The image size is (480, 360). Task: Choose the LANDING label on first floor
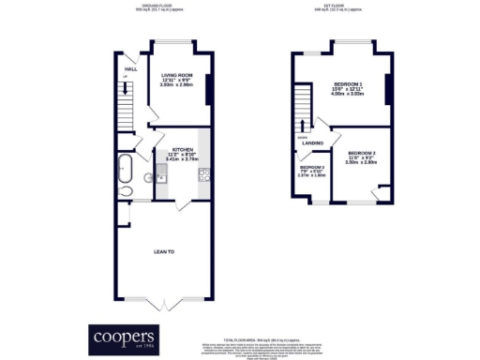312,142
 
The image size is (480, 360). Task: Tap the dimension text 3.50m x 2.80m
361,162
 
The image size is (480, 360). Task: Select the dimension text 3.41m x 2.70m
182,159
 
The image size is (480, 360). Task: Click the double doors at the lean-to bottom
165,302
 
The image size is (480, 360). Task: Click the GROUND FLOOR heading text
158,5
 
